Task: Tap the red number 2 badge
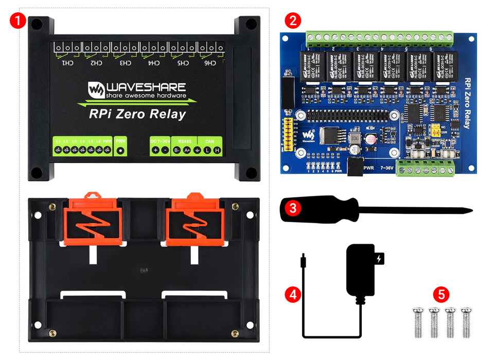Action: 293,21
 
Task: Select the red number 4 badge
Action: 293,295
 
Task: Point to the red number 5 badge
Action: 441,295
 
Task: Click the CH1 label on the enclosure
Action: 67,63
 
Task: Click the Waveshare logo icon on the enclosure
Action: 95,90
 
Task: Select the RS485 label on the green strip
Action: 184,140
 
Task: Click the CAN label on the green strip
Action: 209,140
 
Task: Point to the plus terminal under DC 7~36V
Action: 155,150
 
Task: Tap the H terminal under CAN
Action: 217,150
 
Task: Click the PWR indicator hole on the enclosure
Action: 120,150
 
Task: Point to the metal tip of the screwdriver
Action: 466,210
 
